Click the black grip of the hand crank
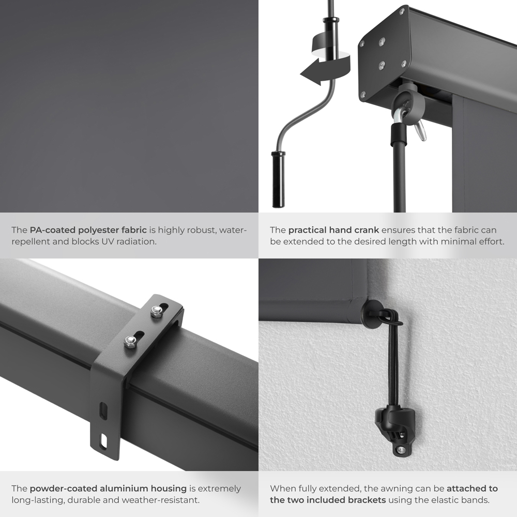279,179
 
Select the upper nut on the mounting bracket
156,311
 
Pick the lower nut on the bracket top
131,342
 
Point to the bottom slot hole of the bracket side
104,440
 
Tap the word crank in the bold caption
367,230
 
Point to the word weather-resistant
161,500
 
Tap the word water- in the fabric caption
233,230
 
